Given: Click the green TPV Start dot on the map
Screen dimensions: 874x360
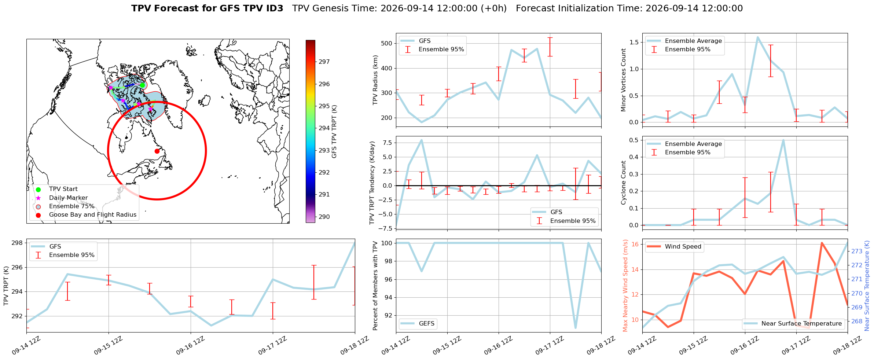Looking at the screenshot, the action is (x=142, y=85).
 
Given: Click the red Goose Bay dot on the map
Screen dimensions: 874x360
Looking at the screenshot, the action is (x=157, y=151).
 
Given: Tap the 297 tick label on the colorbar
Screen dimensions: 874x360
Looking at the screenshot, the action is (x=324, y=62).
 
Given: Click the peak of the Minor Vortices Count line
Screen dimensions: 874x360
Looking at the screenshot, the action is (x=757, y=37).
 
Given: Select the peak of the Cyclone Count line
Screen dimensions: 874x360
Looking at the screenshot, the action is (x=783, y=140).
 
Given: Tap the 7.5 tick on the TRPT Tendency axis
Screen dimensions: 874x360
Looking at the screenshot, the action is (x=387, y=143).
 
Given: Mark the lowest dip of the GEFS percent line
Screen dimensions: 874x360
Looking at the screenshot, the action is (x=576, y=328).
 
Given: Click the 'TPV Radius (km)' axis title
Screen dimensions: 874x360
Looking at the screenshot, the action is (x=375, y=80).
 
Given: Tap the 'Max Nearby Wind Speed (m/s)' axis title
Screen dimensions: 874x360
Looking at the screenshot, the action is (x=625, y=286).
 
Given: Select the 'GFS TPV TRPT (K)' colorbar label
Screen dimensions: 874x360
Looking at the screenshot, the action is (x=334, y=132).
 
